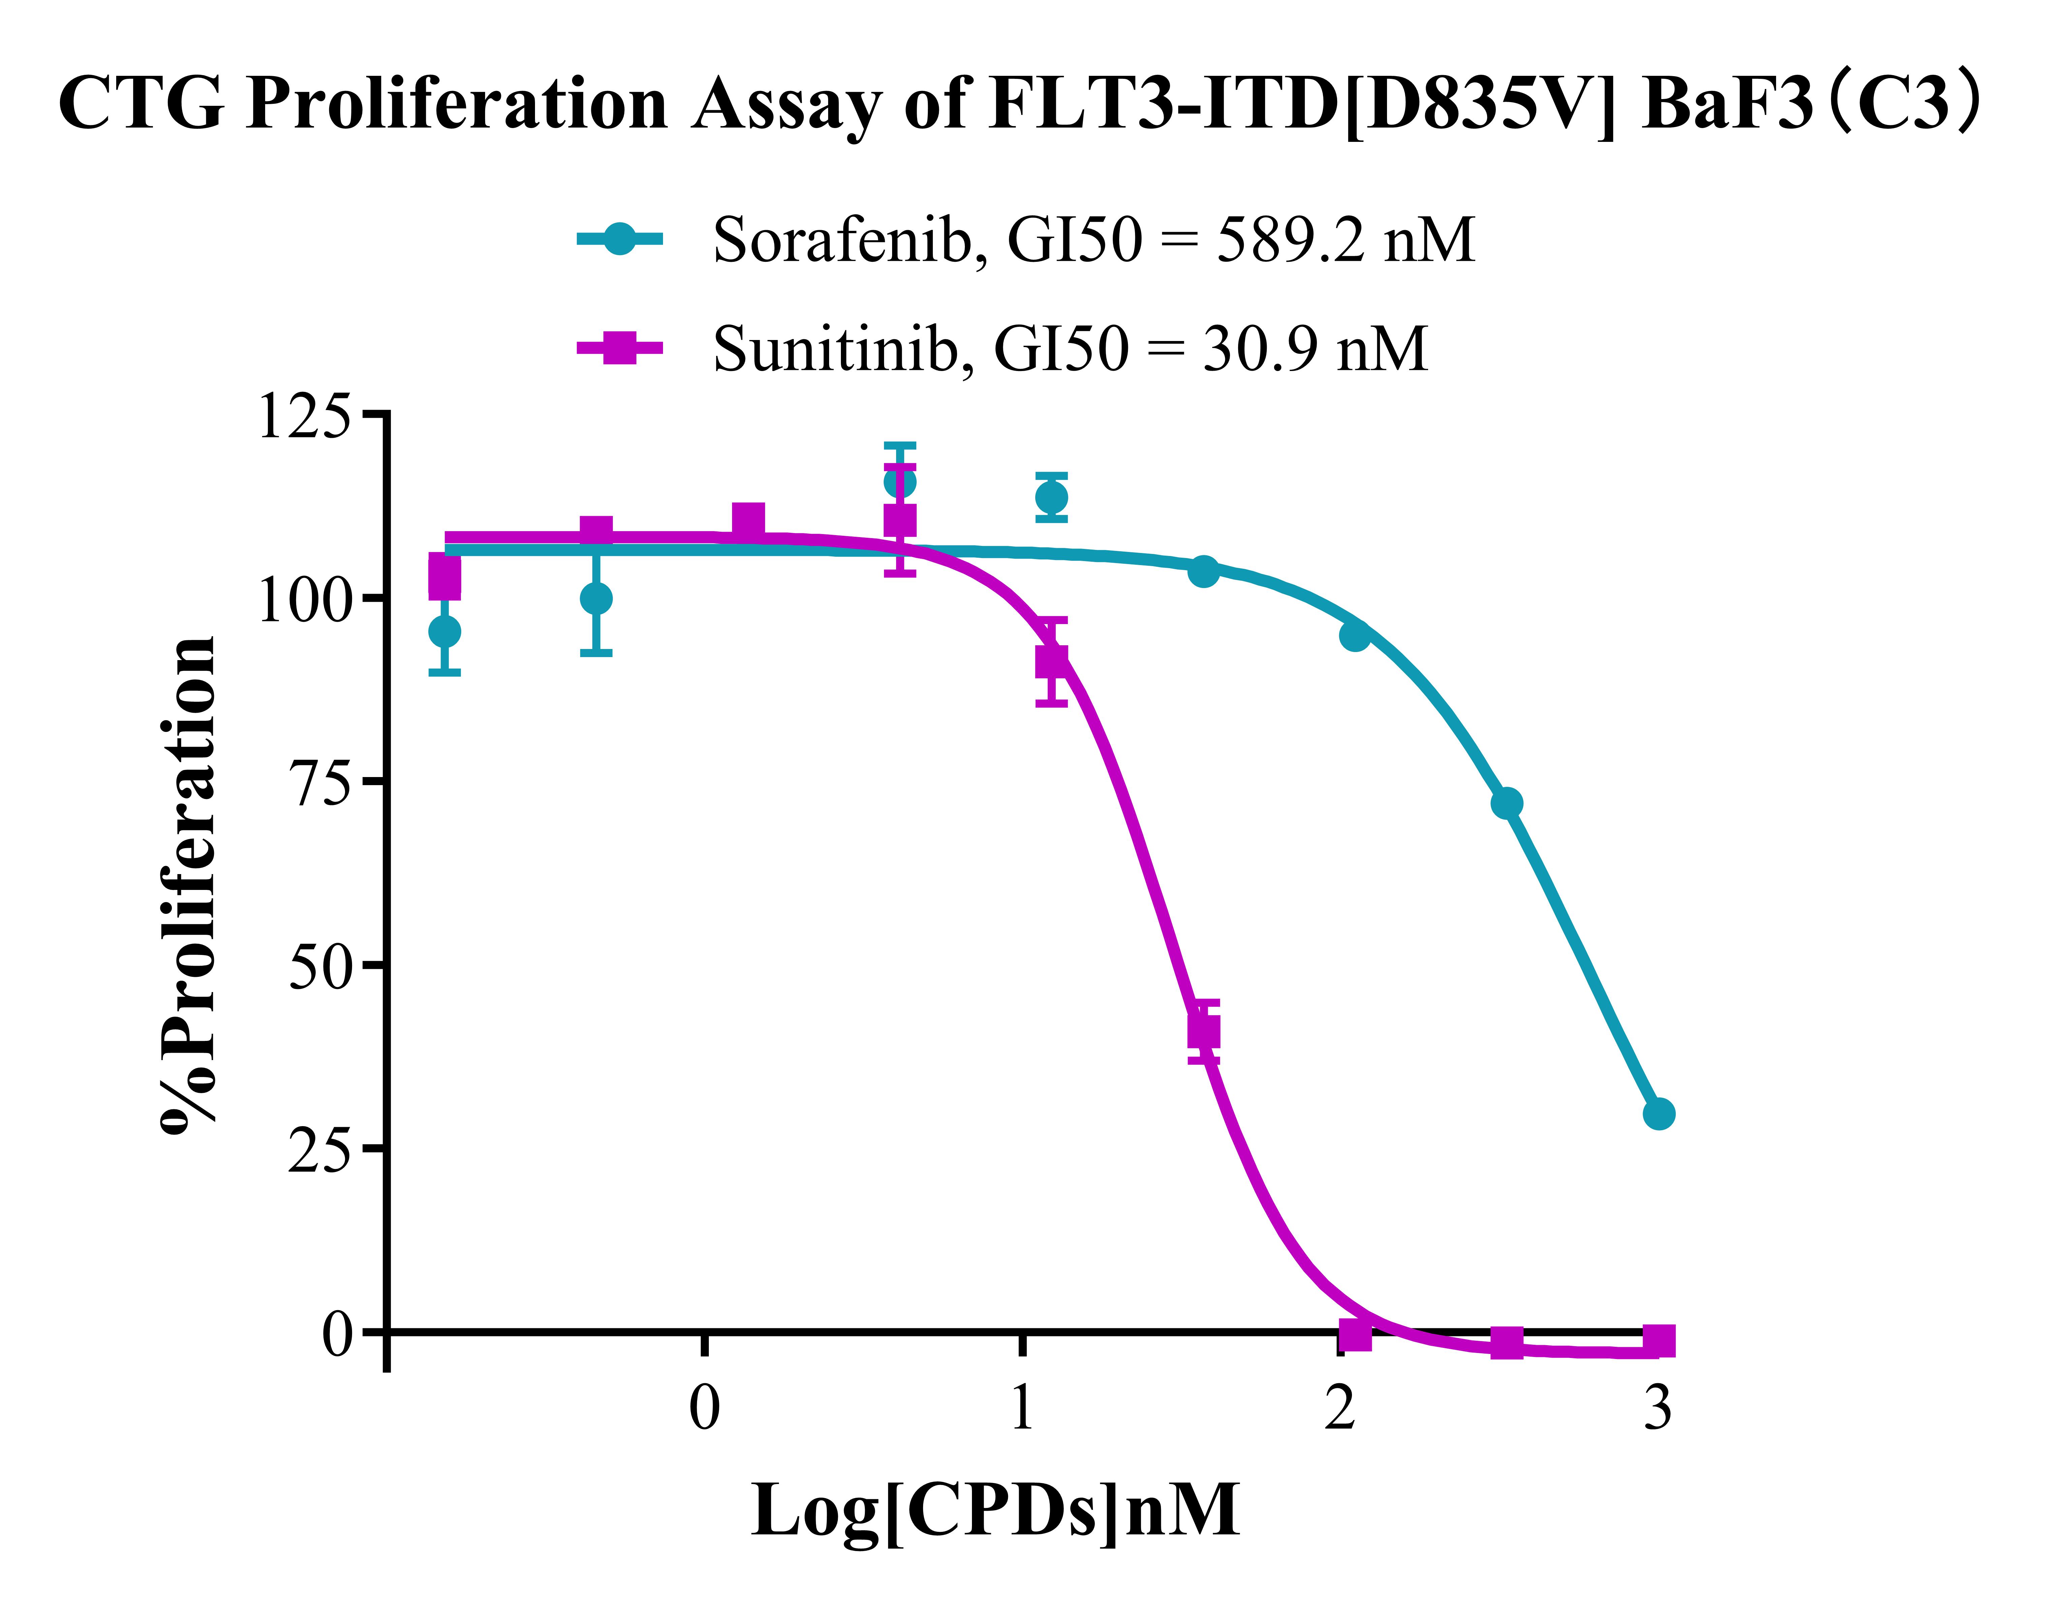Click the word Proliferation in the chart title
(x=456, y=103)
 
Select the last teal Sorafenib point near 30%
(x=1659, y=1114)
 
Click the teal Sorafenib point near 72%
(x=1506, y=803)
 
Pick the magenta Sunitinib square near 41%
(x=1203, y=1031)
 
